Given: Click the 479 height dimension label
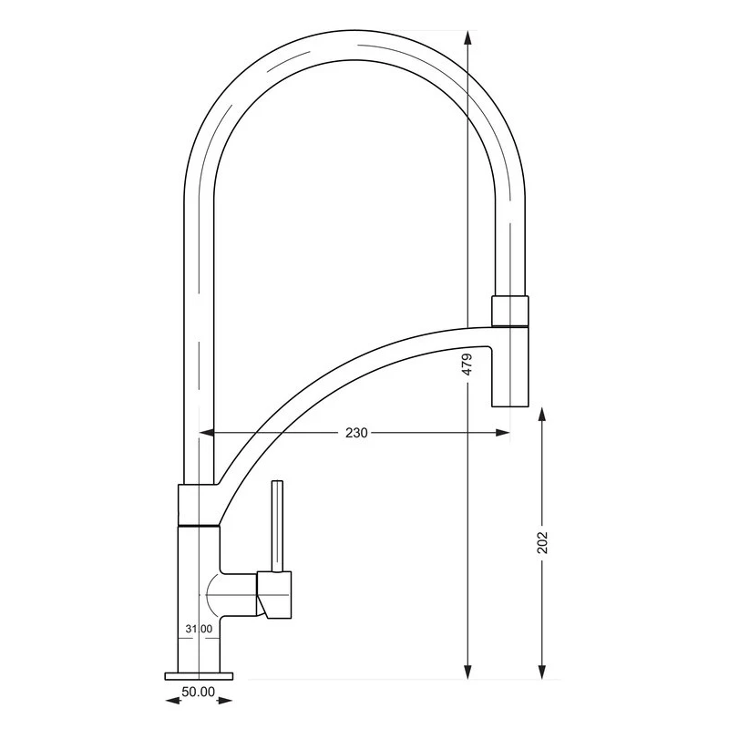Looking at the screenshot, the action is point(467,364).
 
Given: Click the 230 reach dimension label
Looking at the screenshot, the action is point(356,433).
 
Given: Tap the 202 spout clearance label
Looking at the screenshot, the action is point(542,542).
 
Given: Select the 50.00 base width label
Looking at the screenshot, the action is point(199,692).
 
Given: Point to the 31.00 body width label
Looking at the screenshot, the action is point(199,629).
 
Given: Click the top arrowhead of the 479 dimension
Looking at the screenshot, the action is point(468,37).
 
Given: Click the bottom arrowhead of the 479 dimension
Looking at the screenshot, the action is point(468,672).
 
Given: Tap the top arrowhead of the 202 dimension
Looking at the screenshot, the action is point(542,414).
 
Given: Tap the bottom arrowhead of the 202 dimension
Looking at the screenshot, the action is point(542,672).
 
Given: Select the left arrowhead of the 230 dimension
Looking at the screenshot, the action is point(207,433).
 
